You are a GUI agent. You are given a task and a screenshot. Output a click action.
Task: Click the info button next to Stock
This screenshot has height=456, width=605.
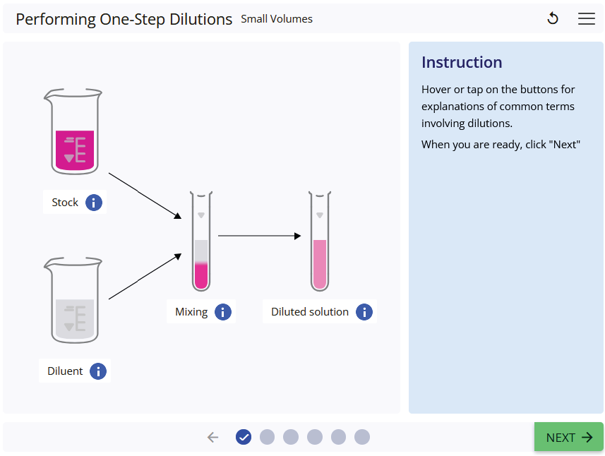click(x=94, y=203)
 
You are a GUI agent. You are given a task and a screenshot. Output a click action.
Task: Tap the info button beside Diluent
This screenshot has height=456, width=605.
click(x=98, y=371)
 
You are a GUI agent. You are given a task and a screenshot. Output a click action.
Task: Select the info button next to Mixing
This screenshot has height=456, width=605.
click(x=223, y=312)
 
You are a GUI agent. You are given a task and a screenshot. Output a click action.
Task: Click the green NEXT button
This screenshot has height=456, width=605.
click(x=568, y=437)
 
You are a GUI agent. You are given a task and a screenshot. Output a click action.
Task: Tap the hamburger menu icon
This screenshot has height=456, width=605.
click(x=587, y=19)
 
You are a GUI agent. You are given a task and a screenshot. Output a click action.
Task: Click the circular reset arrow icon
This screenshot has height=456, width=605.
click(x=553, y=19)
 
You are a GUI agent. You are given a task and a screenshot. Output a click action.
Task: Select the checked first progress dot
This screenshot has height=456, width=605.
click(x=244, y=438)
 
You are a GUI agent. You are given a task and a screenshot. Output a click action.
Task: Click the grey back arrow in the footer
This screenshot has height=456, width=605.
click(x=213, y=438)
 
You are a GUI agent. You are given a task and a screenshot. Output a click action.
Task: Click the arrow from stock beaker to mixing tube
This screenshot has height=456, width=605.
click(x=144, y=194)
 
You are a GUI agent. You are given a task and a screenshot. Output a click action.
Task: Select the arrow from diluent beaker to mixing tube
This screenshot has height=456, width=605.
click(x=144, y=277)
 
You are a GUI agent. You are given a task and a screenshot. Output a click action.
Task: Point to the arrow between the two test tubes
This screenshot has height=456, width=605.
click(x=259, y=236)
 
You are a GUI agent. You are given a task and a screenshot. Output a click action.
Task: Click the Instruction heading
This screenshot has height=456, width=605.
click(x=462, y=62)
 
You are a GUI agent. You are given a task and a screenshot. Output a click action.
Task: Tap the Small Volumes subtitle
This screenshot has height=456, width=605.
click(x=277, y=19)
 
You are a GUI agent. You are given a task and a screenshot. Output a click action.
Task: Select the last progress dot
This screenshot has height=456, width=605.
click(x=362, y=438)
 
